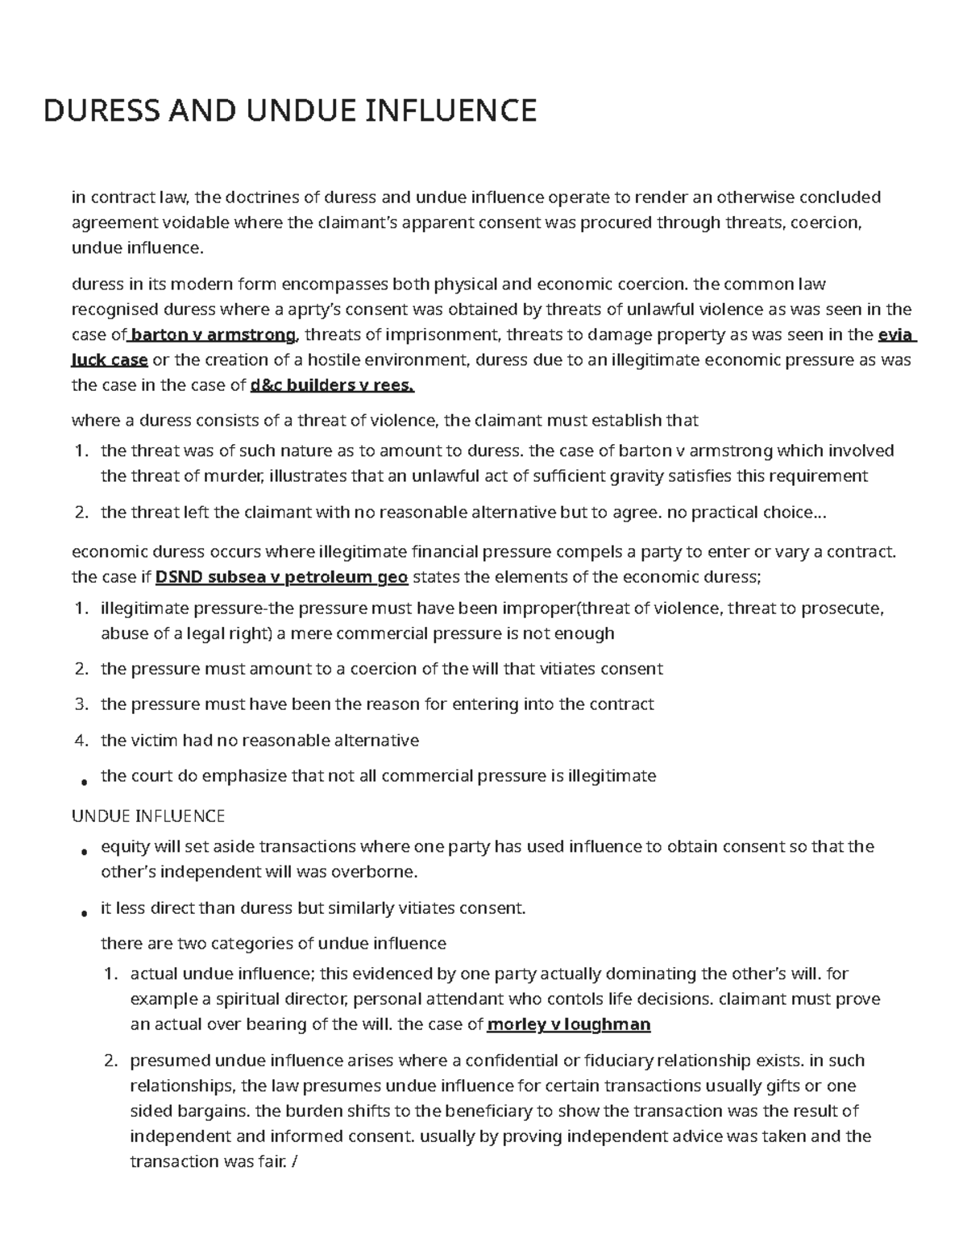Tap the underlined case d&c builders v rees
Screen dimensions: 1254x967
[333, 385]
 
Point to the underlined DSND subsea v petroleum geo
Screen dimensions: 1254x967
[281, 577]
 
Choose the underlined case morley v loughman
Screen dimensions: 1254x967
[569, 1025]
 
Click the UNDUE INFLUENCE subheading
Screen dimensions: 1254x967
[148, 816]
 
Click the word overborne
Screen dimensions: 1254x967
[379, 872]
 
